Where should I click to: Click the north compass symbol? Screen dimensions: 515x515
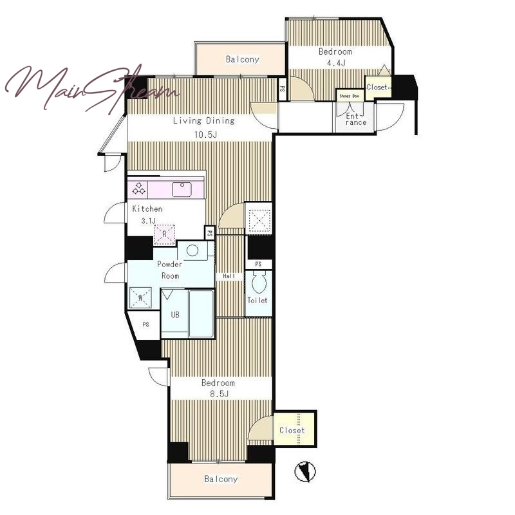[304, 472]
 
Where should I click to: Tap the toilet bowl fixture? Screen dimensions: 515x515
[259, 283]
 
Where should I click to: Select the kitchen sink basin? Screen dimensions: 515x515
[182, 190]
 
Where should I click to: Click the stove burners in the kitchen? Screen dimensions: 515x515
[138, 189]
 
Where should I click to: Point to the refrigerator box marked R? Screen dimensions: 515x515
[165, 234]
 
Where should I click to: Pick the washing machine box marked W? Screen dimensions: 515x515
[140, 298]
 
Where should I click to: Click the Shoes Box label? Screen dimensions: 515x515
[350, 96]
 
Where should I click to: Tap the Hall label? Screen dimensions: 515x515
[229, 276]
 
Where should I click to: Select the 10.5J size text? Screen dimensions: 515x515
[205, 135]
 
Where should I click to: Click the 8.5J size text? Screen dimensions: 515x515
[219, 393]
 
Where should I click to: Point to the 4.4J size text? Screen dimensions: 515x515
[336, 62]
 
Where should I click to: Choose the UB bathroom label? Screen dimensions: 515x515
[175, 315]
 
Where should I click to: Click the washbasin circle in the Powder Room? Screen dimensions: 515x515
[192, 250]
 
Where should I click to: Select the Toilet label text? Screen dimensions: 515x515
[257, 300]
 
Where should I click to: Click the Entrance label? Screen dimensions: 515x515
[356, 119]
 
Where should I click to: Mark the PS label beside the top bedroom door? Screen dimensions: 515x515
[282, 88]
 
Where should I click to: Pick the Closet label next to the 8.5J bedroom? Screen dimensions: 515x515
[292, 430]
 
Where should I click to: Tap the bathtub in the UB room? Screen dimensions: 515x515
[201, 314]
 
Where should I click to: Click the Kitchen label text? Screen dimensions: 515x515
[147, 209]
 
